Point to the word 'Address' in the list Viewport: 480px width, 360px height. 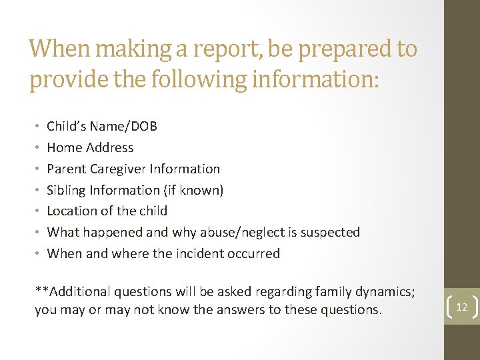110,147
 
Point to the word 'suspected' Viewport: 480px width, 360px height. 331,232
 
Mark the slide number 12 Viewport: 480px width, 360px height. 461,307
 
